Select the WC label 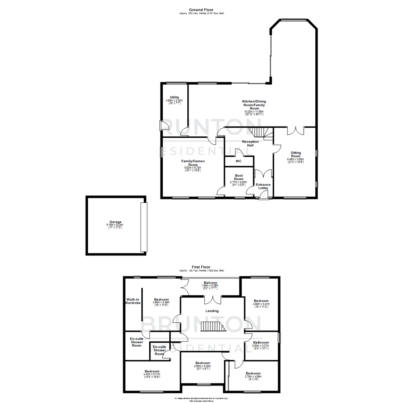pyautogui.click(x=238, y=161)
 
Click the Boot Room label pyautogui.click(x=239, y=177)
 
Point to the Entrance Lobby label pyautogui.click(x=263, y=186)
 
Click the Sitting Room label pyautogui.click(x=296, y=154)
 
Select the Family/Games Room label pyautogui.click(x=193, y=163)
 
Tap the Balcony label pyautogui.click(x=210, y=283)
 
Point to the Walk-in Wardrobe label pyautogui.click(x=133, y=301)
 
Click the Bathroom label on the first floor pyautogui.click(x=261, y=342)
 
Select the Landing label pyautogui.click(x=212, y=311)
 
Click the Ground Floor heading pyautogui.click(x=201, y=10)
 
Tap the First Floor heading pyautogui.click(x=201, y=267)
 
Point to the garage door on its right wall pyautogui.click(x=144, y=227)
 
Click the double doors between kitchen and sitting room pyautogui.click(x=296, y=130)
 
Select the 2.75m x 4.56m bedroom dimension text pyautogui.click(x=253, y=377)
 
